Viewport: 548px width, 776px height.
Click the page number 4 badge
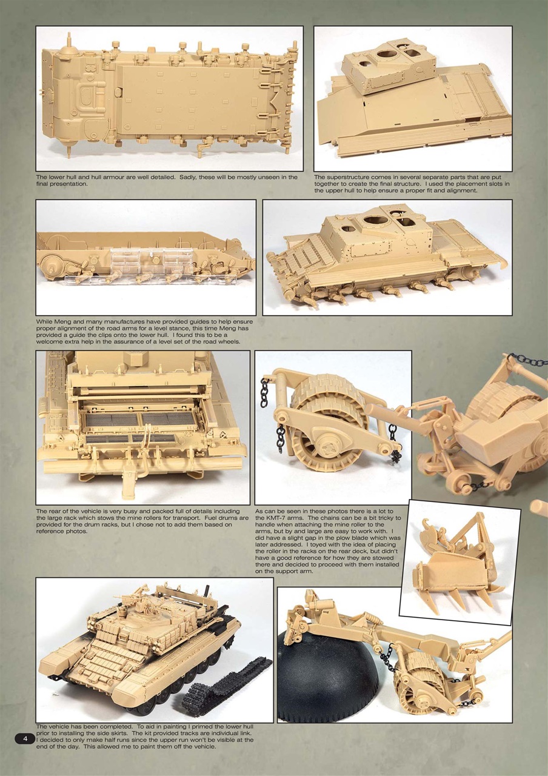coord(25,738)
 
